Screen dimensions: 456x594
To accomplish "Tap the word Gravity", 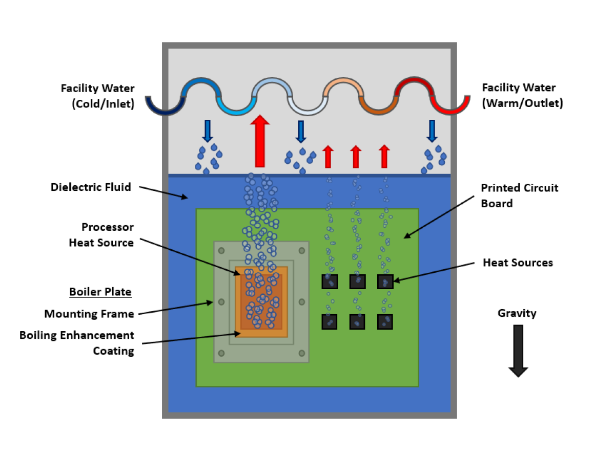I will coord(517,313).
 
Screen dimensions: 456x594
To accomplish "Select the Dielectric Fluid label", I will coord(91,187).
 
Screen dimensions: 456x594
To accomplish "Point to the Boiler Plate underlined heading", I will coord(100,292).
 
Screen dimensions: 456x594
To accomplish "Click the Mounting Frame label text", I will coord(89,314).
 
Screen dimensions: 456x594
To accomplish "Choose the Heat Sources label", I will coord(518,263).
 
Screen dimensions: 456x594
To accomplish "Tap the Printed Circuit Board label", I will coord(519,196).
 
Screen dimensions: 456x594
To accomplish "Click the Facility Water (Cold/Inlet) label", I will coord(97,96).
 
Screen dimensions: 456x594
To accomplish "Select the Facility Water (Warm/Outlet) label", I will coord(522,96).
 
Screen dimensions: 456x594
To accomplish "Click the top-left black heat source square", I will coord(330,281).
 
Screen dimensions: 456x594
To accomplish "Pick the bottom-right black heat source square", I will coord(385,321).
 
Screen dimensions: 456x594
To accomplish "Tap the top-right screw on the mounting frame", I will coord(302,250).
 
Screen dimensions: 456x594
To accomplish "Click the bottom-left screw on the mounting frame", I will coord(221,353).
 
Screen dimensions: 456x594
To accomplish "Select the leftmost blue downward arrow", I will coord(207,131).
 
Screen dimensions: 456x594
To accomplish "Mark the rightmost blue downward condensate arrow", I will coord(432,131).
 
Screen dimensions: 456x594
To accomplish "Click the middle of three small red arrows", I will coord(355,156).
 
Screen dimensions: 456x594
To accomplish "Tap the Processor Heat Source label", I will coord(101,234).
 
